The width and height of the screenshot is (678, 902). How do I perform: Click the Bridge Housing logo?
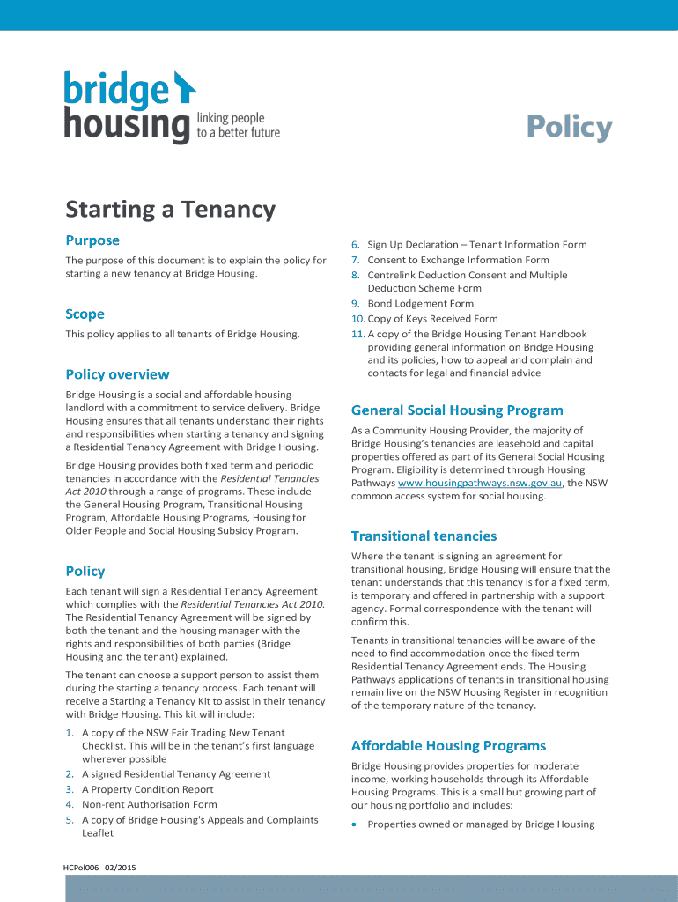(x=129, y=107)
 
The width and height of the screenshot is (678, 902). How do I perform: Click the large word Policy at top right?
(x=569, y=128)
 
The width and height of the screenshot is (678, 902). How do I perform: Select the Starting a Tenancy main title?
(x=170, y=210)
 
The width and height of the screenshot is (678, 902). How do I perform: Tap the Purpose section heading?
(x=92, y=240)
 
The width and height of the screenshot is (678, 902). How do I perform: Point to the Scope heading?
(x=85, y=314)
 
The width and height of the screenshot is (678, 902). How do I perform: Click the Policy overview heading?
(x=117, y=374)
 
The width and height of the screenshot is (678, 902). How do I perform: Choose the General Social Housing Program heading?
(x=456, y=410)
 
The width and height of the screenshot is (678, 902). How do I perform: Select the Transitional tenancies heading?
(x=424, y=536)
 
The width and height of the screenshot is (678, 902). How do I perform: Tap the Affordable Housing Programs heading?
(x=448, y=746)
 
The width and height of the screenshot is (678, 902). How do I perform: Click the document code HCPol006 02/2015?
(x=99, y=867)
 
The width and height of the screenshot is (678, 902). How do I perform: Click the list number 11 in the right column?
(x=357, y=334)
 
